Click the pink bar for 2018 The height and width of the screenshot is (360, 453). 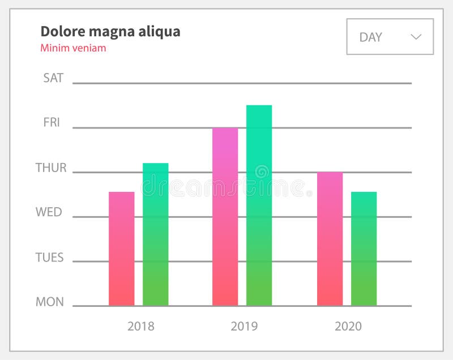(121, 249)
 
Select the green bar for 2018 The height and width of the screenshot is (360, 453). (155, 234)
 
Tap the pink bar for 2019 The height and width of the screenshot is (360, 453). (225, 216)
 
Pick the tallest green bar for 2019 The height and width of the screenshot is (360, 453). (259, 205)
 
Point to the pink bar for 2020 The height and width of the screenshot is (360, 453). (330, 238)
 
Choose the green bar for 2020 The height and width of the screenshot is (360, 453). (364, 249)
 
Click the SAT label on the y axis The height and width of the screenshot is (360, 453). (53, 78)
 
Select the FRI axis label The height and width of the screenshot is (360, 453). (52, 122)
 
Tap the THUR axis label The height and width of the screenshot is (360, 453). (51, 168)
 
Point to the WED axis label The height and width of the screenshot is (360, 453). (49, 212)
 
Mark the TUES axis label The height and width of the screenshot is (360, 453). (49, 258)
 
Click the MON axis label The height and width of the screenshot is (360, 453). (50, 302)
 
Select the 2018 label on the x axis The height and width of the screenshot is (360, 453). (140, 326)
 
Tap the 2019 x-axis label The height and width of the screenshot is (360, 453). (244, 326)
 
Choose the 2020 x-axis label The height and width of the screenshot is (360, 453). (348, 326)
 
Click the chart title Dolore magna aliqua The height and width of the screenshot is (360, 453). (110, 32)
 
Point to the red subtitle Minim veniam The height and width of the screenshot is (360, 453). (73, 48)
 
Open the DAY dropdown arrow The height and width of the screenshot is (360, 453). (416, 37)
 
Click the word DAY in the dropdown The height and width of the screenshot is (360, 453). (371, 37)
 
